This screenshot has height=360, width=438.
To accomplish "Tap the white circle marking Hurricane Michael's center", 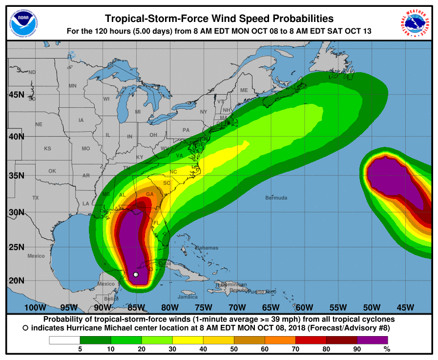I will pos(136,275).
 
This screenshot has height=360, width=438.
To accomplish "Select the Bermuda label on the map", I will pos(276,198).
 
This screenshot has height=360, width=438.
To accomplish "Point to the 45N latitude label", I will pos(16,94).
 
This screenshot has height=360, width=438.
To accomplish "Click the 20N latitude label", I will pos(16,280).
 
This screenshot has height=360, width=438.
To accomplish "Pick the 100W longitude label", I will pos(35,307).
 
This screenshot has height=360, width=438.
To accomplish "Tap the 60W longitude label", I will pos(304,307).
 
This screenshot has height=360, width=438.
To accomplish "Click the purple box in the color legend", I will pos(373,340).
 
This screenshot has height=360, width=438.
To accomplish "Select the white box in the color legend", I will pos(64,340).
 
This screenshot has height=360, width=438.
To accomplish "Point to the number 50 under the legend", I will pos(233,349).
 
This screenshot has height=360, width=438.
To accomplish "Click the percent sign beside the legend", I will pos(387,349).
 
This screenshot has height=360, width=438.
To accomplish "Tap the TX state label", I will pos(35,198).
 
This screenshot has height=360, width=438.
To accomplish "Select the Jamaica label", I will pos(188,297).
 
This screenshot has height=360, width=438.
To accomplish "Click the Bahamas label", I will pos(207,248).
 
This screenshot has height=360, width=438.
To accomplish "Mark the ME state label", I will pos(244,90).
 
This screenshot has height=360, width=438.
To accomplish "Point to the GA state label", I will pos(150,194).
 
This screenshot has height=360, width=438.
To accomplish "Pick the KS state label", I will pos(47,148).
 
